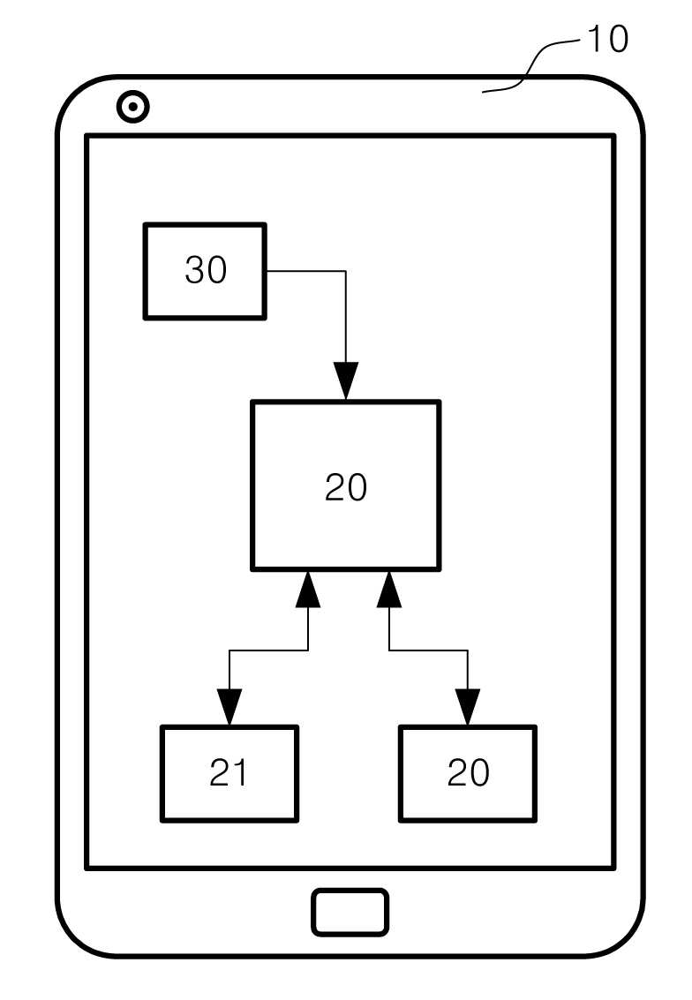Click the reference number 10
(608, 39)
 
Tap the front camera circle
(132, 107)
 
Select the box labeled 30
(205, 271)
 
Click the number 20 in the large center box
(346, 488)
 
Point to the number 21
(228, 773)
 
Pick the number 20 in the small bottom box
(468, 773)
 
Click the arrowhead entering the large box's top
(346, 380)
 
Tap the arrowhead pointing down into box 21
(229, 707)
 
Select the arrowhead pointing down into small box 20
(468, 707)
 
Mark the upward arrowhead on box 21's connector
(309, 589)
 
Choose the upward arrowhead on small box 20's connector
(389, 589)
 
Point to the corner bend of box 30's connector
(346, 271)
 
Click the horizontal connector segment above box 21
(268, 650)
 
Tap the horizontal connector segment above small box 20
(429, 650)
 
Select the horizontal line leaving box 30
(306, 271)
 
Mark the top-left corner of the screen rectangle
(86, 135)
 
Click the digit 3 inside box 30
(194, 270)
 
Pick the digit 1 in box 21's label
(239, 773)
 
